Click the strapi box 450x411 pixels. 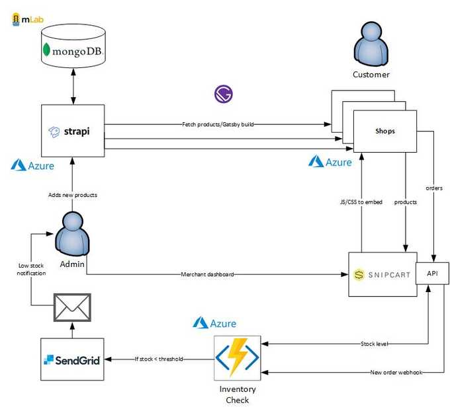point(73,131)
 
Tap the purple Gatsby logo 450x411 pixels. point(224,94)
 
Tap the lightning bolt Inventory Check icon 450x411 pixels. point(236,357)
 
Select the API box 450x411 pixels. point(432,274)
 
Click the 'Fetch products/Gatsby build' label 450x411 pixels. point(218,124)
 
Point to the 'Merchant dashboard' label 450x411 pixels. point(207,274)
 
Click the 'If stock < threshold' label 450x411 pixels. point(159,359)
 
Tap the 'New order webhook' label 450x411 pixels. point(396,373)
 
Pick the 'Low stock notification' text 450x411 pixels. point(31,269)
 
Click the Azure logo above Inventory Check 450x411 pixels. point(214,323)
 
